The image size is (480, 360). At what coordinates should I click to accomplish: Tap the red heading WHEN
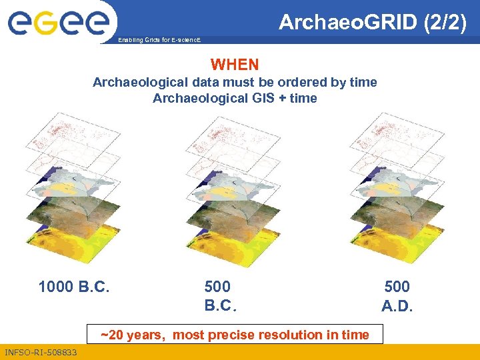(235, 65)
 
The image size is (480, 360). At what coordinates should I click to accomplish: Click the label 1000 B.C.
(74, 287)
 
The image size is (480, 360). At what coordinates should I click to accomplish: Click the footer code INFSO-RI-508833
(41, 352)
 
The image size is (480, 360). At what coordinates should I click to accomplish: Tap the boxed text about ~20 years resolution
(235, 335)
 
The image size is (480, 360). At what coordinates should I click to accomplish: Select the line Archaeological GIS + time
(235, 99)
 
